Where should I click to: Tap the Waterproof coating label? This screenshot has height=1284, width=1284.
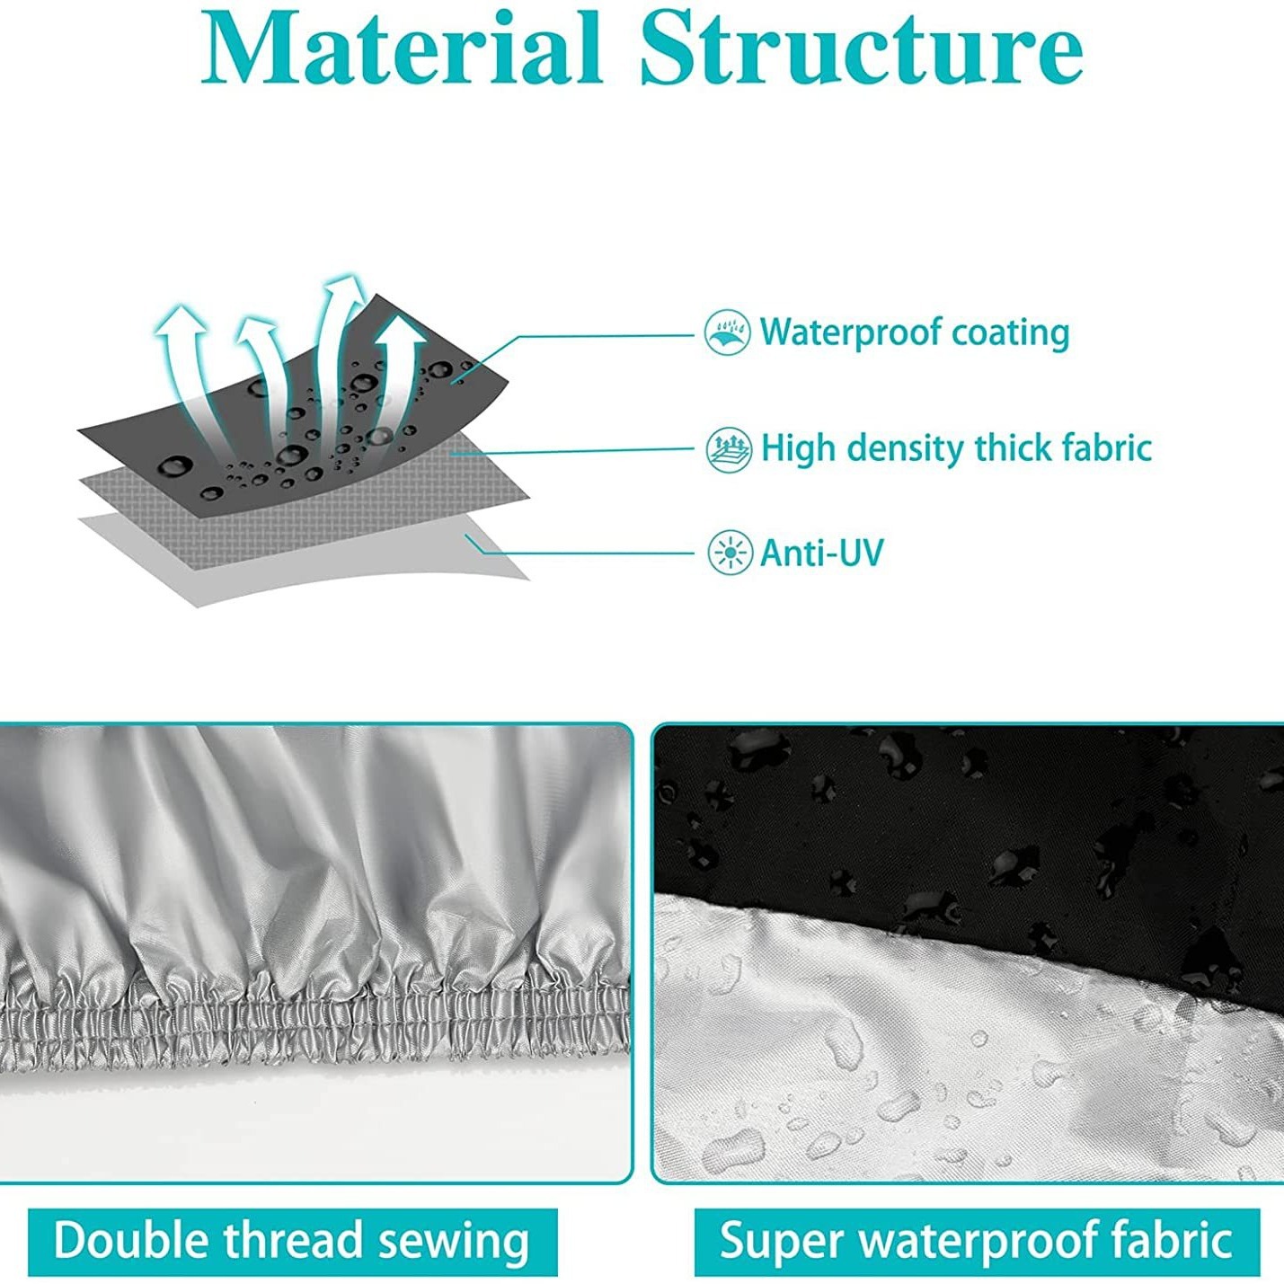pyautogui.click(x=914, y=332)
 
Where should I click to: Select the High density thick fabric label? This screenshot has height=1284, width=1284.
pyautogui.click(x=955, y=447)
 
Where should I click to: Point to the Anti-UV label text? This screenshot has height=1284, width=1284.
pyautogui.click(x=821, y=552)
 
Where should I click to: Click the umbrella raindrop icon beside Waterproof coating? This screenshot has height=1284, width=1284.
pyautogui.click(x=727, y=332)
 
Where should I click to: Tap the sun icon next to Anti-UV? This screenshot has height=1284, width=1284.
pyautogui.click(x=730, y=552)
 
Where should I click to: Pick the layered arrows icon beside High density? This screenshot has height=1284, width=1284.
pyautogui.click(x=729, y=448)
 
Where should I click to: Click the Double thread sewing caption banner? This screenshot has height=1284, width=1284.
pyautogui.click(x=292, y=1242)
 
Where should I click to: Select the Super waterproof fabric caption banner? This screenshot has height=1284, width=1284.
pyautogui.click(x=977, y=1242)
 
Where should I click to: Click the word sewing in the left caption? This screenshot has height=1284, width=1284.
pyautogui.click(x=453, y=1242)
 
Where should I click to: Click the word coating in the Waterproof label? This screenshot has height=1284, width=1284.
pyautogui.click(x=1011, y=332)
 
